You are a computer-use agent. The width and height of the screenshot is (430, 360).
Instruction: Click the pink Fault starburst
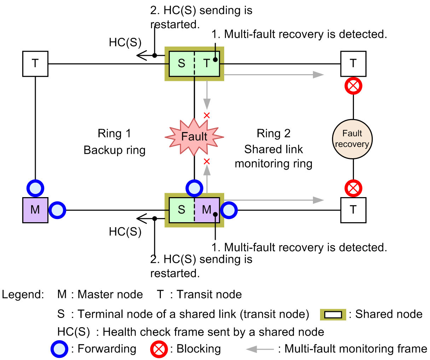(x=194, y=137)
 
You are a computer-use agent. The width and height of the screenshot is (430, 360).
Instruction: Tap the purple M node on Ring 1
(x=35, y=210)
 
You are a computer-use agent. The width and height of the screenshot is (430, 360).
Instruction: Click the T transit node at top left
(x=35, y=64)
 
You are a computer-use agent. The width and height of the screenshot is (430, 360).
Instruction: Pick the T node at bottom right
(x=353, y=210)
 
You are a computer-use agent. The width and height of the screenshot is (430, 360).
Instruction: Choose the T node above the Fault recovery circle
(x=353, y=64)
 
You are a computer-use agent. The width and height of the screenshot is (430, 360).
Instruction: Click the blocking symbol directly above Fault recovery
(x=353, y=86)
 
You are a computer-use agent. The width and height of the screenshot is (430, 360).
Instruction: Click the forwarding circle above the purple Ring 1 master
(x=35, y=188)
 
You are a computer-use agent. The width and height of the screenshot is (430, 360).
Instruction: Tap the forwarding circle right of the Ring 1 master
(x=57, y=210)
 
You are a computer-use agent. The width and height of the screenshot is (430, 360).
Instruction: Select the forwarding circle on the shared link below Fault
(x=194, y=188)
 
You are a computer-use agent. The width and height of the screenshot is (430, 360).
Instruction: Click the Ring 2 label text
(x=273, y=134)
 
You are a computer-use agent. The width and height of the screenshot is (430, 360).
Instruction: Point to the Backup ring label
(x=114, y=150)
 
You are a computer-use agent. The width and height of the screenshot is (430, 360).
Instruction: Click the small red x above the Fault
(x=207, y=115)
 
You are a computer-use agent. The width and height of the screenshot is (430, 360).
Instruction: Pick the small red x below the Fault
(x=207, y=161)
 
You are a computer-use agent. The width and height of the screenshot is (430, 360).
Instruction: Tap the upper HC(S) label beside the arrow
(x=125, y=43)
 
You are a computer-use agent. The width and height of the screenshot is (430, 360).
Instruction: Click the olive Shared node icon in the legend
(x=333, y=314)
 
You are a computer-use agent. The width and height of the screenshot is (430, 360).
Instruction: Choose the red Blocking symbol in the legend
(x=159, y=349)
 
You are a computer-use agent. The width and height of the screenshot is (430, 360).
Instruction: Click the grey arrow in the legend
(x=260, y=349)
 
